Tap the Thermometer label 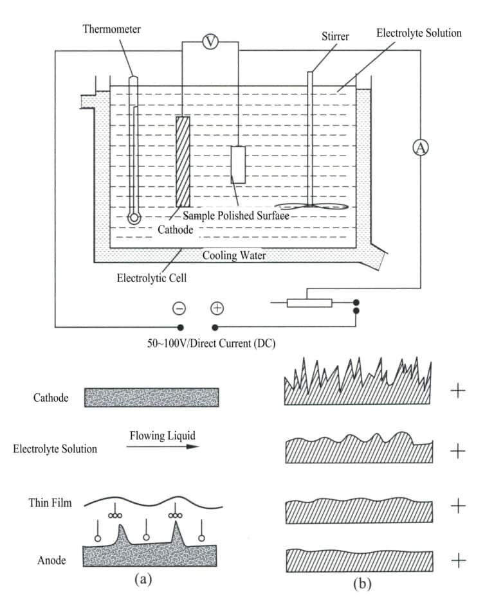click(111, 29)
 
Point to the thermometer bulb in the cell click(134, 217)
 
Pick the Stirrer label click(334, 37)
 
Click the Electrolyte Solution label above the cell click(419, 32)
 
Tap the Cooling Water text click(234, 255)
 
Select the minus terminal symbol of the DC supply click(179, 308)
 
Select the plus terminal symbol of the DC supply click(217, 308)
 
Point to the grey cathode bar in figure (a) click(152, 397)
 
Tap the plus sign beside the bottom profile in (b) click(457, 561)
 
